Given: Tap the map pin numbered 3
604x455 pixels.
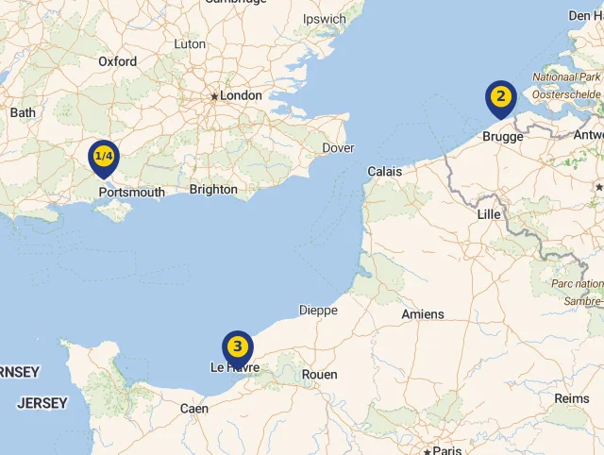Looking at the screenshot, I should (238, 347).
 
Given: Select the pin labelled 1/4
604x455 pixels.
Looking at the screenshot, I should (103, 157).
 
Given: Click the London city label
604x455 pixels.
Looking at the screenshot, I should (241, 95).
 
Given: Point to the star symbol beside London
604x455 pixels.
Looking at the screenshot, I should (214, 96).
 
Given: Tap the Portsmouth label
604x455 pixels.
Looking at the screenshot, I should (131, 193).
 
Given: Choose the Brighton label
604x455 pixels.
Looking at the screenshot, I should (213, 189).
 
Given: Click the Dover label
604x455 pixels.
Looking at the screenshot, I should (338, 148).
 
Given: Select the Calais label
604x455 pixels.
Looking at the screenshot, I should (384, 172).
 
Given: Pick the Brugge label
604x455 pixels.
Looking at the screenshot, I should (502, 137).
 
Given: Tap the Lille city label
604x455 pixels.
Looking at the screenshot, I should (489, 214).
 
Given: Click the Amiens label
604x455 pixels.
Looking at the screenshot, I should (422, 313).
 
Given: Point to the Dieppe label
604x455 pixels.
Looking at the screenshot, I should (318, 310).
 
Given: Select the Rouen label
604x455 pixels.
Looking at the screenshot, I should (319, 375).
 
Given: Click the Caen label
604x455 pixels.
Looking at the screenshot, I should (194, 409).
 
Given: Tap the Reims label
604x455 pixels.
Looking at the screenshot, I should (571, 398).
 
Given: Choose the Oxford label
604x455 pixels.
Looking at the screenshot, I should (117, 61).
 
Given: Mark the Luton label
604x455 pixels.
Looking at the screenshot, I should (190, 43).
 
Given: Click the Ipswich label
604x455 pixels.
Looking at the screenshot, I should (325, 19).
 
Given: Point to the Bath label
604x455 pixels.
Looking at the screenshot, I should (23, 112).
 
